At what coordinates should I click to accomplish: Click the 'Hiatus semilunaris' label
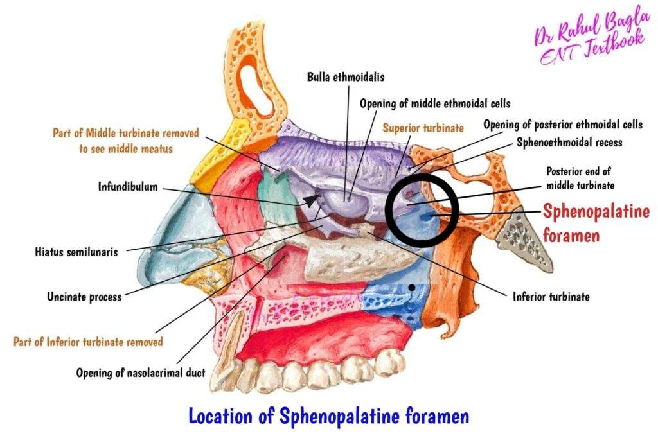pos(76,252)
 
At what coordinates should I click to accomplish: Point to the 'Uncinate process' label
pos(84,297)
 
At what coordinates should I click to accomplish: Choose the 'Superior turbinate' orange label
pos(423,128)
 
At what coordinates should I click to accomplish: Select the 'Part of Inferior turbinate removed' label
pos(88,342)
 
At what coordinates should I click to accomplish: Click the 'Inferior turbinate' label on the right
pos(551,297)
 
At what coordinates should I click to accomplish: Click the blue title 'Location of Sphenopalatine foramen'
pos(328,415)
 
